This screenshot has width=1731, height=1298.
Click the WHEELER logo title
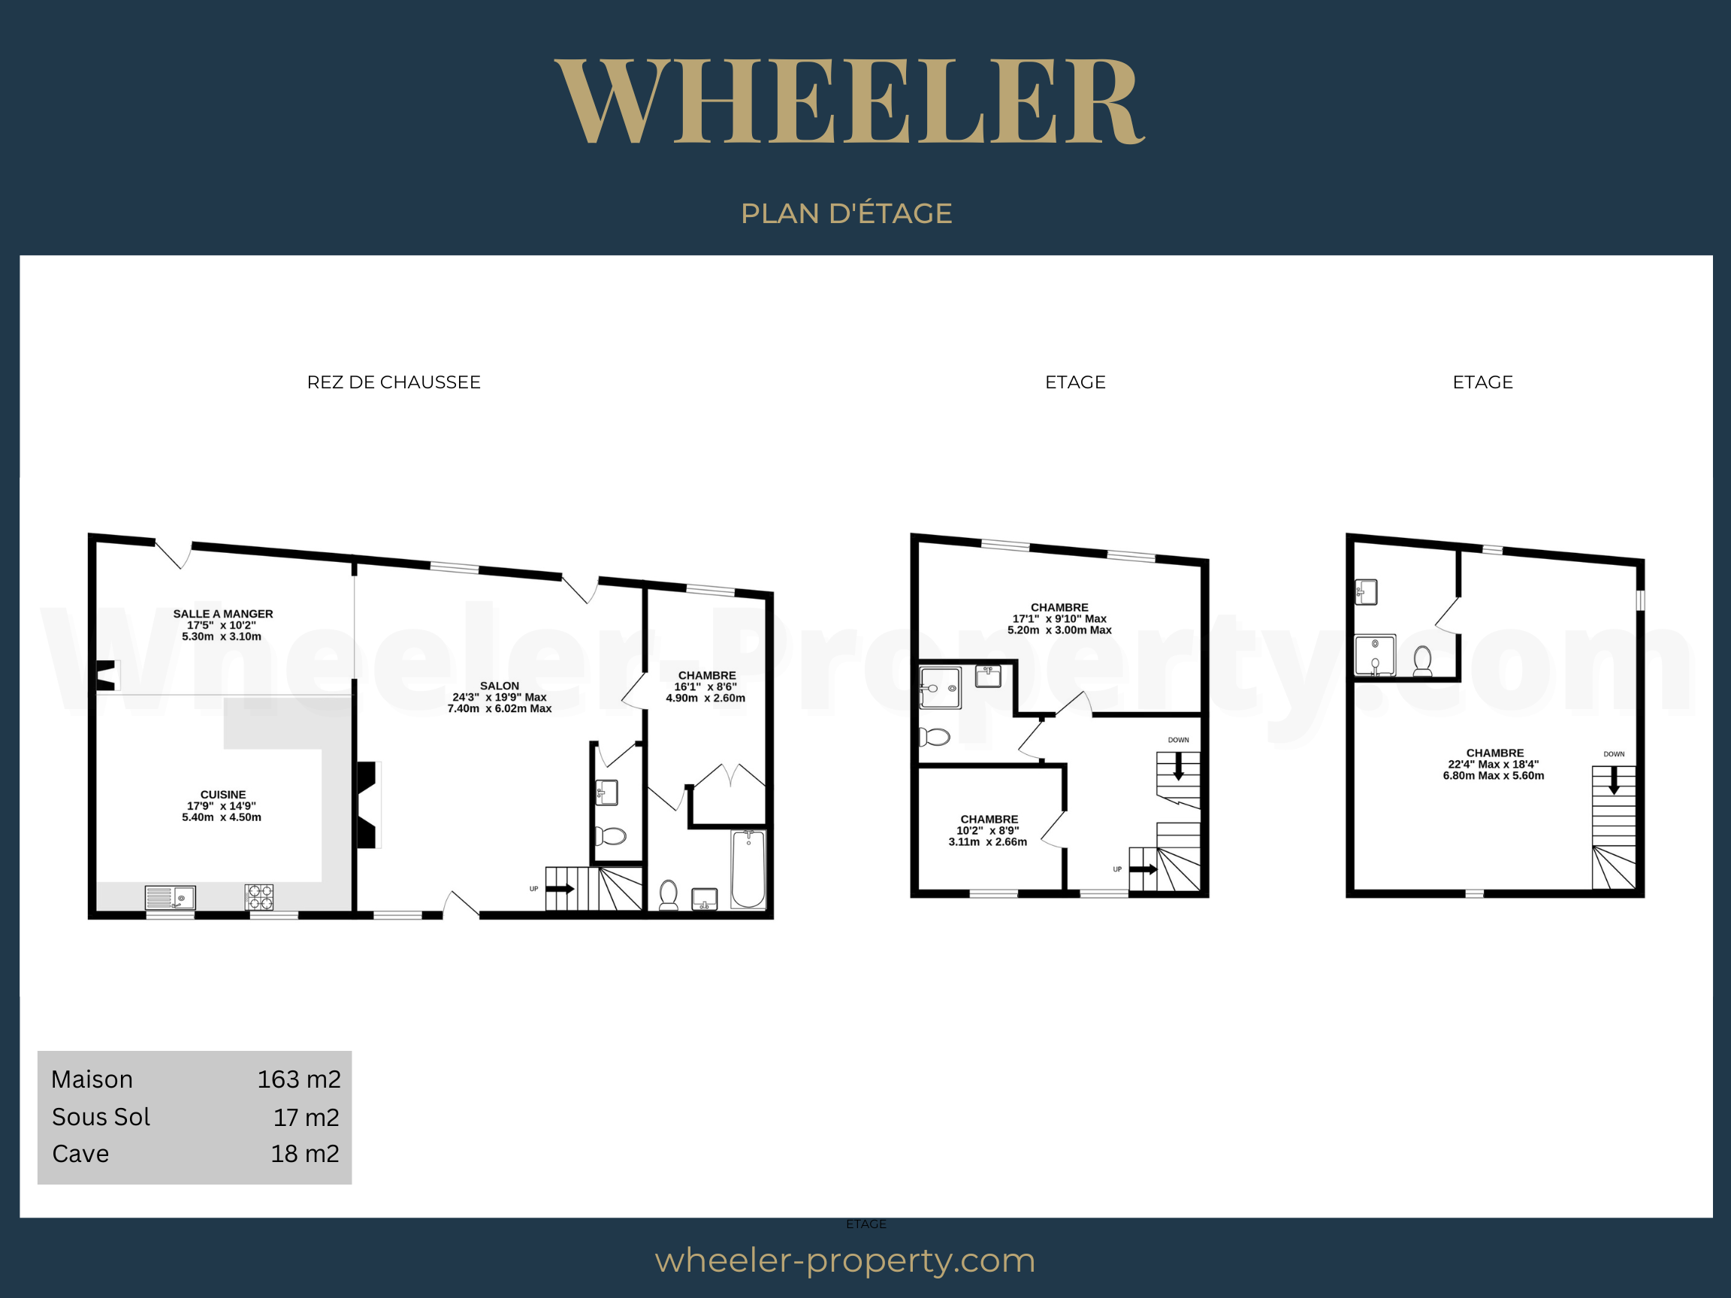850,101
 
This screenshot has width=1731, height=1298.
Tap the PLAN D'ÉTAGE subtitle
846,213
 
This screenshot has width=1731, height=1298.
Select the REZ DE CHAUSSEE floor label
394,382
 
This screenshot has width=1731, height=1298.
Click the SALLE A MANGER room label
223,625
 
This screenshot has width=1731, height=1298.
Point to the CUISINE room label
222,806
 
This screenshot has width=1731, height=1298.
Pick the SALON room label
500,697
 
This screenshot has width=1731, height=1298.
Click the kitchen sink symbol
171,898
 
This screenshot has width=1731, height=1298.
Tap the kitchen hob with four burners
259,897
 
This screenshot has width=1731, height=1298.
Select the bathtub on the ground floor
748,868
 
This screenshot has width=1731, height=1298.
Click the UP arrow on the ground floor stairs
560,889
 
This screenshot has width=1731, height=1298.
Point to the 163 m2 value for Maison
299,1079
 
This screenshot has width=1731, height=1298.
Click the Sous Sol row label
101,1117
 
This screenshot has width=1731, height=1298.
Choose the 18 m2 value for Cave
304,1154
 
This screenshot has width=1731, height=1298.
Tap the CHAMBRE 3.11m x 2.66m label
989,830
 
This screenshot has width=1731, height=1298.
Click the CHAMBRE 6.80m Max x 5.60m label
1494,765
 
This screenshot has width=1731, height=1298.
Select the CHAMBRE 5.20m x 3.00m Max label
1059,618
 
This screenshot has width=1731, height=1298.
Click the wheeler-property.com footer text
845,1260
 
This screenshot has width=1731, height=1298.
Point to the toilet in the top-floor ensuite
1423,661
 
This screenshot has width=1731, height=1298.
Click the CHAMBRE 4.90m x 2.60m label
706,686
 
